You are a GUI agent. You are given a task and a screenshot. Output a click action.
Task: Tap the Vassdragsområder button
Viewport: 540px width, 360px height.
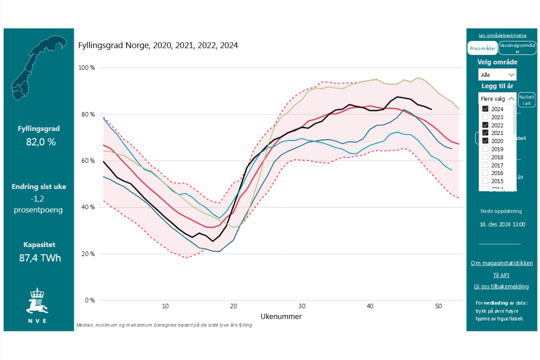click(x=517, y=48)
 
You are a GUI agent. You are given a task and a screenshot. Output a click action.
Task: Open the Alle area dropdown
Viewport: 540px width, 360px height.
click(x=497, y=75)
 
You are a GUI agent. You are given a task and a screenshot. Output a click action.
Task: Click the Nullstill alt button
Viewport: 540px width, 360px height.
click(x=526, y=100)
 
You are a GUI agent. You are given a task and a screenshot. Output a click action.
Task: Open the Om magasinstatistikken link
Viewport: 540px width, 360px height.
click(x=501, y=263)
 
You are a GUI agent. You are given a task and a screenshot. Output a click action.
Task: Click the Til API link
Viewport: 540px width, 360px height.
click(x=501, y=275)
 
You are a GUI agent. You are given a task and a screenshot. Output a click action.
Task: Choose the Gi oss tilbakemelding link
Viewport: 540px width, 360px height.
click(x=501, y=286)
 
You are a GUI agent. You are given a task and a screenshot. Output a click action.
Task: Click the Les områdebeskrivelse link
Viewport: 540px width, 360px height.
click(x=502, y=35)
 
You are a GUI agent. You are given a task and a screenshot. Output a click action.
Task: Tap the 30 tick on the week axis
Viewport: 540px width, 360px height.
click(x=301, y=306)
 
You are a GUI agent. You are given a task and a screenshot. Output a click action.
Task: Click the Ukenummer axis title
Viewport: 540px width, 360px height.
click(x=281, y=316)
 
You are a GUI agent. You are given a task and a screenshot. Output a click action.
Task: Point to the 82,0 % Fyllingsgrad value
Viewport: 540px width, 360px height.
click(x=41, y=142)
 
